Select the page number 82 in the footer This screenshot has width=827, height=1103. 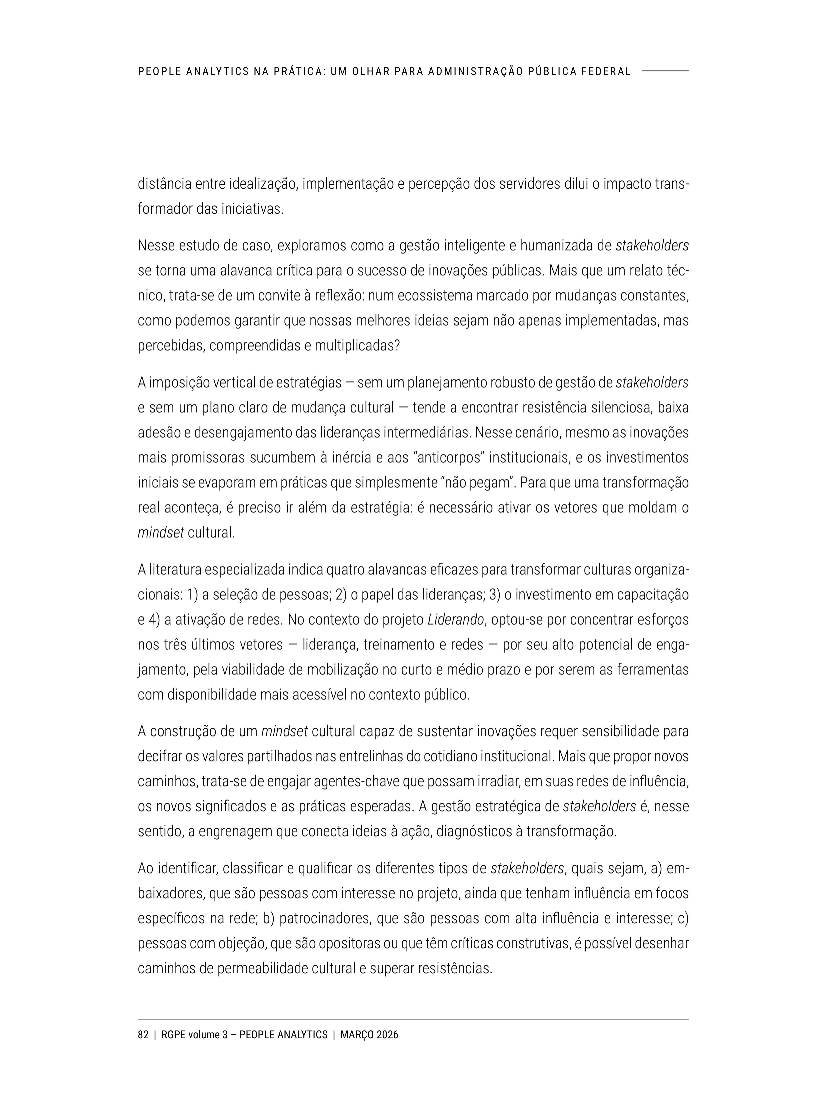pyautogui.click(x=143, y=1035)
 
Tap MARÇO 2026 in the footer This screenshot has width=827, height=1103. pyautogui.click(x=369, y=1035)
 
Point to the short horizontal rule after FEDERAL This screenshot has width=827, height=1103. pyautogui.click(x=665, y=71)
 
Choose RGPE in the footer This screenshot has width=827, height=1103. pyautogui.click(x=173, y=1035)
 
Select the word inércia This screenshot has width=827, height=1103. pyautogui.click(x=352, y=458)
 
